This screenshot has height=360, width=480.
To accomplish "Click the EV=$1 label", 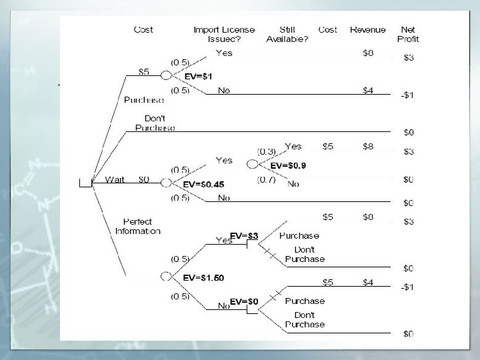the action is pos(199,77).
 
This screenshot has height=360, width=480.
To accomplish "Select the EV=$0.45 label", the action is pos(203,184).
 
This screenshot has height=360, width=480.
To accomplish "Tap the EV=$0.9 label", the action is pos(288,165).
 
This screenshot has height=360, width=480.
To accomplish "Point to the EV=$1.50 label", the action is pos(203,276).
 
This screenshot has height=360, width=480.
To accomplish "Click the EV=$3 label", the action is pos(244,235).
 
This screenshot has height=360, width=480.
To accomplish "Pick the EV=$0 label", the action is pos(244,302).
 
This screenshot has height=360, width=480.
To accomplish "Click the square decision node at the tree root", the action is pos(85,184).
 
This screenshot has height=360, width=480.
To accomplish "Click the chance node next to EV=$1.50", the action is pos(166,276).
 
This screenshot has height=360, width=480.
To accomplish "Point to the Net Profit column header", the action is pos(409,34).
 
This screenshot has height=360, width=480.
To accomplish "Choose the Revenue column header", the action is pos(367,29).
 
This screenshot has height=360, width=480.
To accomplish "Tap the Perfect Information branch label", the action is pos(138,226).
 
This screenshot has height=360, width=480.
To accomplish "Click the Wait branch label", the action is pos(115,179).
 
